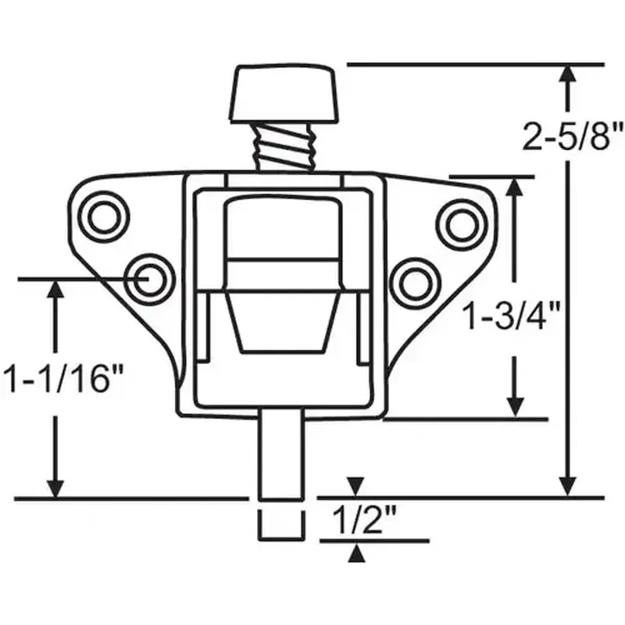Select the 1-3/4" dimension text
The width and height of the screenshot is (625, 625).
tap(512, 318)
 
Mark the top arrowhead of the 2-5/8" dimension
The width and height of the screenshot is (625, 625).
tap(568, 76)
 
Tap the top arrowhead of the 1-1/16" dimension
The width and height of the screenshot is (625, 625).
tap(55, 291)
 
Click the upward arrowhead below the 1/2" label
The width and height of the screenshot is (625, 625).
tap(356, 552)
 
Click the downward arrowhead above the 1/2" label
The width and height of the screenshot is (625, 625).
tap(356, 486)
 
